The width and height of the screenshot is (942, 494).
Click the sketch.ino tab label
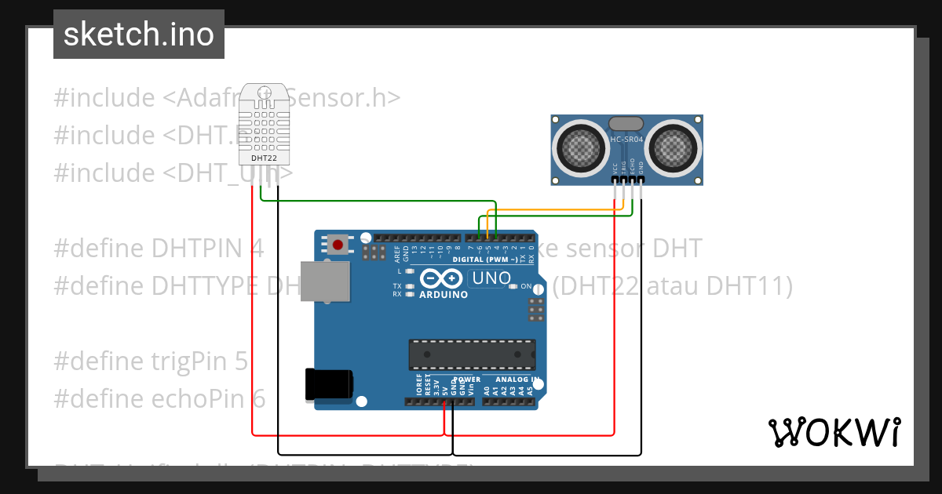click(x=139, y=35)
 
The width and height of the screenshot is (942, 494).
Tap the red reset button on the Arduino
click(x=338, y=245)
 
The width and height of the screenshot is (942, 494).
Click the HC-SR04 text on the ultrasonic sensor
click(x=626, y=140)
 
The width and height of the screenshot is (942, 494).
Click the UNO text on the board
click(x=492, y=278)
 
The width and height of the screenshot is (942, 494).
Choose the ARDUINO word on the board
click(x=443, y=296)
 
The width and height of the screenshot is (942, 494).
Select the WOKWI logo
click(x=834, y=432)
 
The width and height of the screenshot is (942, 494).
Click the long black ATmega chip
click(x=472, y=354)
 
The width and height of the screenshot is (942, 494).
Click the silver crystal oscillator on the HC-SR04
click(x=626, y=122)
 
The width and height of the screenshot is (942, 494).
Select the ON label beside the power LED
click(x=526, y=286)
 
